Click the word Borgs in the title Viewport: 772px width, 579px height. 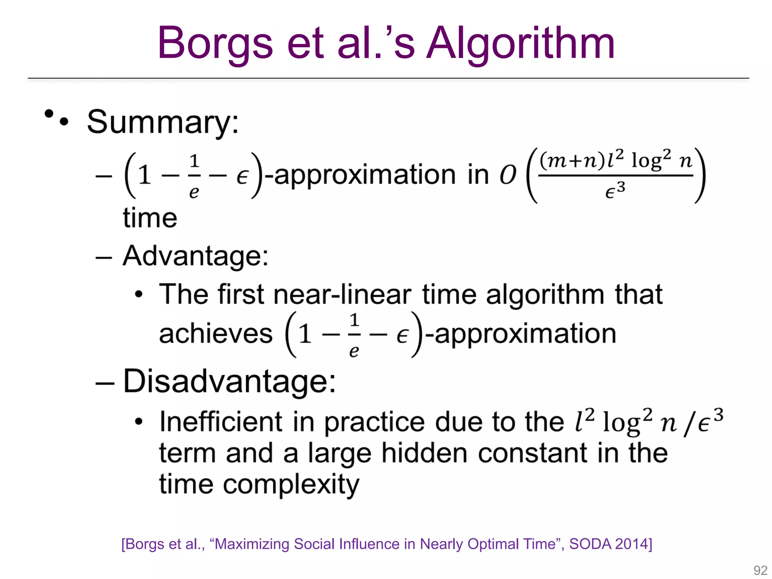(x=215, y=43)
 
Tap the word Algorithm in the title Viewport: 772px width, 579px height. (x=520, y=43)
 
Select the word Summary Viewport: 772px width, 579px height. (x=163, y=122)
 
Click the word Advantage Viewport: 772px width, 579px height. (x=195, y=256)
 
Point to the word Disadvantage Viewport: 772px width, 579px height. (x=229, y=381)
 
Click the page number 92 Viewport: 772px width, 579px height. (x=760, y=570)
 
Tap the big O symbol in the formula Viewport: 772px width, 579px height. (x=508, y=175)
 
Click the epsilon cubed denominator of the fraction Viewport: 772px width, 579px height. (x=615, y=190)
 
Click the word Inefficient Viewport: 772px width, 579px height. (x=221, y=422)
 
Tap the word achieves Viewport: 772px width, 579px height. (x=216, y=334)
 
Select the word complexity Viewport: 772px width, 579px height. (x=291, y=485)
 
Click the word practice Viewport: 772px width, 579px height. (x=374, y=422)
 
